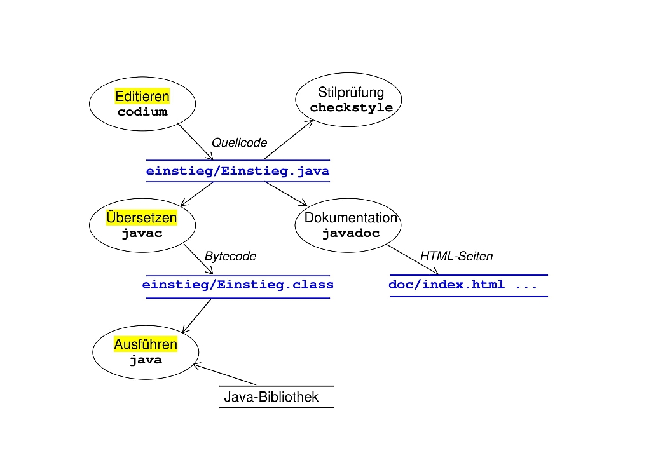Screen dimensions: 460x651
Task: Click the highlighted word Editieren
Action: pos(142,97)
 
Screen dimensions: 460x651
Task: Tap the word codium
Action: pos(142,112)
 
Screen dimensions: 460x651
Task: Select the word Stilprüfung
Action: pos(351,93)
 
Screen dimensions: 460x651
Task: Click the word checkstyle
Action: pos(351,107)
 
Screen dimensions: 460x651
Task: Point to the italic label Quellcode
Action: pos(239,143)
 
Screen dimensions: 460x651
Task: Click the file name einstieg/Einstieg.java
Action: pos(238,171)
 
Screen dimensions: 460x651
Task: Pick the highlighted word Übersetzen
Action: pos(142,218)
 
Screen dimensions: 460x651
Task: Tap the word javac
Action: pos(142,233)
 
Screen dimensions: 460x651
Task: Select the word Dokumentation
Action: pos(351,218)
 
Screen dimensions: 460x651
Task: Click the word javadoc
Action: pos(351,233)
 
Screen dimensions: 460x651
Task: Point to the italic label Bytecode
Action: pos(230,257)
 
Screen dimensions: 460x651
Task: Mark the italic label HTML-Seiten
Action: pos(456,257)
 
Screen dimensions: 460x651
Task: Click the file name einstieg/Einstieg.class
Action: pos(238,285)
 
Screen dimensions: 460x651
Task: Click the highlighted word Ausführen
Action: pos(146,344)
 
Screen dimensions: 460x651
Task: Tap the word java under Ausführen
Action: pos(146,360)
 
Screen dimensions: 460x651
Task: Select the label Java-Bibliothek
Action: pos(271,398)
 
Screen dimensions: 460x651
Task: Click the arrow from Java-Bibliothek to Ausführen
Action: pos(225,374)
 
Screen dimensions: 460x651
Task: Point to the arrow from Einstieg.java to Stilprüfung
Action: pos(289,139)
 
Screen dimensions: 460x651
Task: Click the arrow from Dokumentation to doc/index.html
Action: pos(413,260)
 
